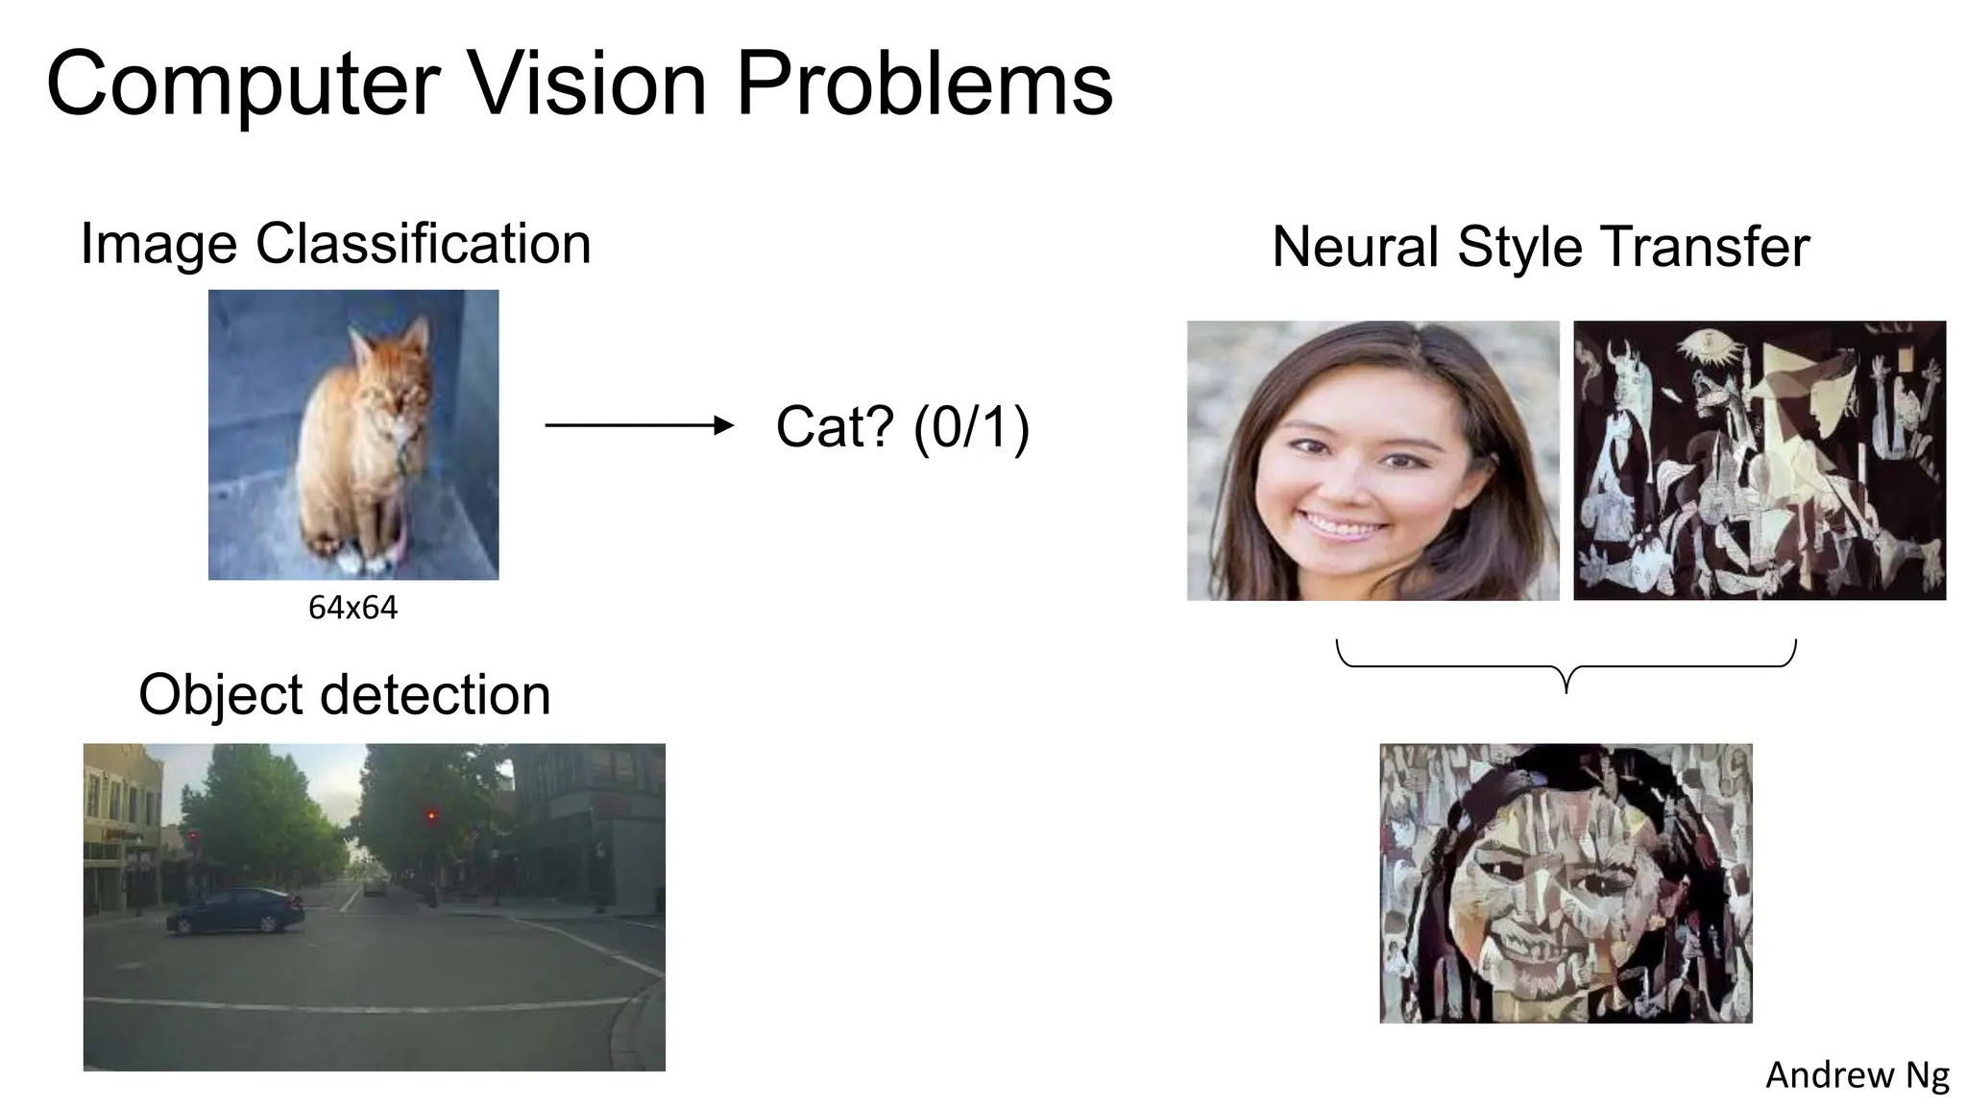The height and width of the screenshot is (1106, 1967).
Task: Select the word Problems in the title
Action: [x=923, y=84]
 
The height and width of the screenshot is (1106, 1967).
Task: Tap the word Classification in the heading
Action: [x=423, y=244]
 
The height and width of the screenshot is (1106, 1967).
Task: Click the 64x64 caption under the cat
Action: [x=352, y=608]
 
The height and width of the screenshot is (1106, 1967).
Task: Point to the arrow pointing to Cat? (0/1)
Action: [x=639, y=425]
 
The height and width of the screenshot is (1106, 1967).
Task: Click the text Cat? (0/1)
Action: [x=902, y=427]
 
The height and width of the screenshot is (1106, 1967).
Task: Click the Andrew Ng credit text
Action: [x=1857, y=1075]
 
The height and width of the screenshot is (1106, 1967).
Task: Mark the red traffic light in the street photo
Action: [x=432, y=816]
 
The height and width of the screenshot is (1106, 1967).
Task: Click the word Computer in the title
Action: [x=243, y=84]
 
